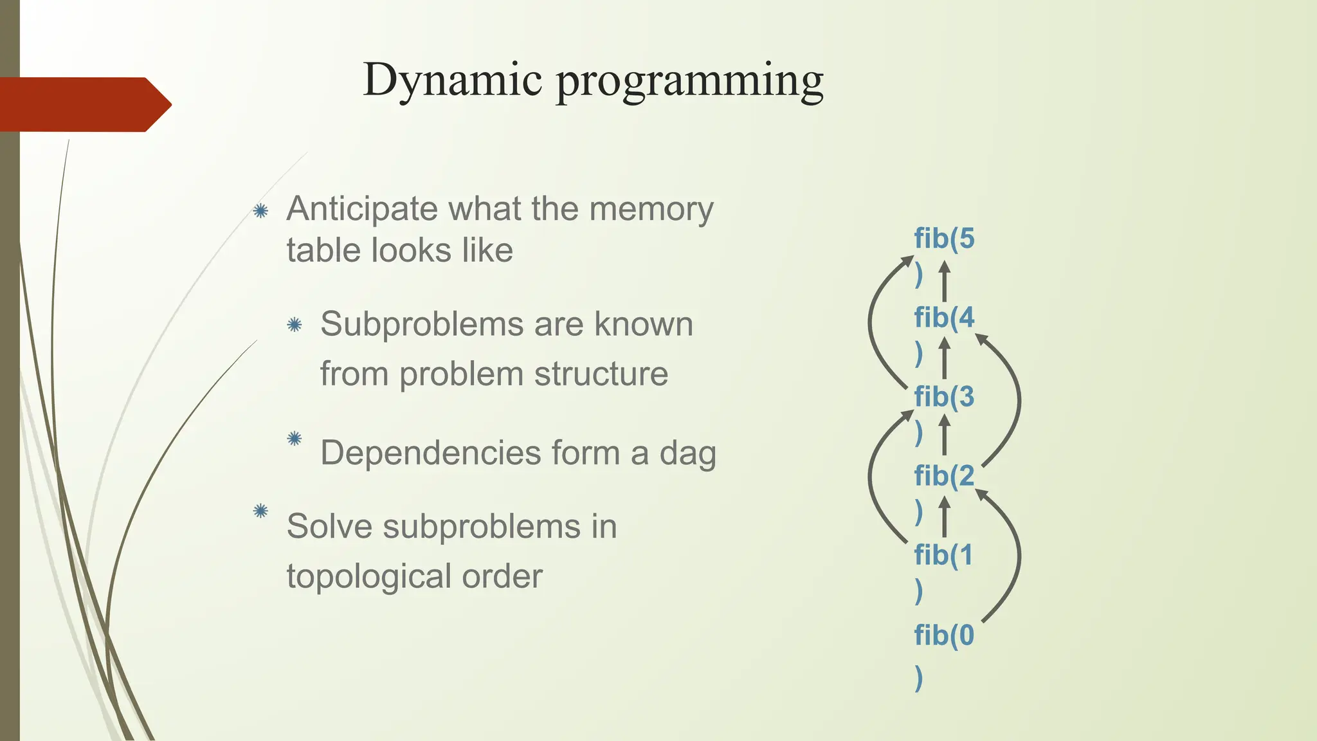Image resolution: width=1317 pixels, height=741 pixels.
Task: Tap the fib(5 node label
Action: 944,239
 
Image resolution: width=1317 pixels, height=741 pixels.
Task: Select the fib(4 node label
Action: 944,318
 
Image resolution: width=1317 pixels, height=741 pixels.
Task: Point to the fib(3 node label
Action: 944,398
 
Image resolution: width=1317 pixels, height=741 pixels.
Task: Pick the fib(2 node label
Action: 944,477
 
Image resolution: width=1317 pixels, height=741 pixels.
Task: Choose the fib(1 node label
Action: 943,556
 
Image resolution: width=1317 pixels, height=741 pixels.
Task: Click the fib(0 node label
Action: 944,636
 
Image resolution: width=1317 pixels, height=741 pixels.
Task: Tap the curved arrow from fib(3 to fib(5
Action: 873,322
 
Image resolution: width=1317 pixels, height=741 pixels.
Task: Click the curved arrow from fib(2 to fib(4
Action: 1017,399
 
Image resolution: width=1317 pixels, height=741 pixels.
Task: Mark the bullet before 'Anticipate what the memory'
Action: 260,210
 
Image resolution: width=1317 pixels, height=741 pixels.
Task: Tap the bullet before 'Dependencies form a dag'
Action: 295,439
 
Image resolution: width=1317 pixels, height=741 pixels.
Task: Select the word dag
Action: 687,453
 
